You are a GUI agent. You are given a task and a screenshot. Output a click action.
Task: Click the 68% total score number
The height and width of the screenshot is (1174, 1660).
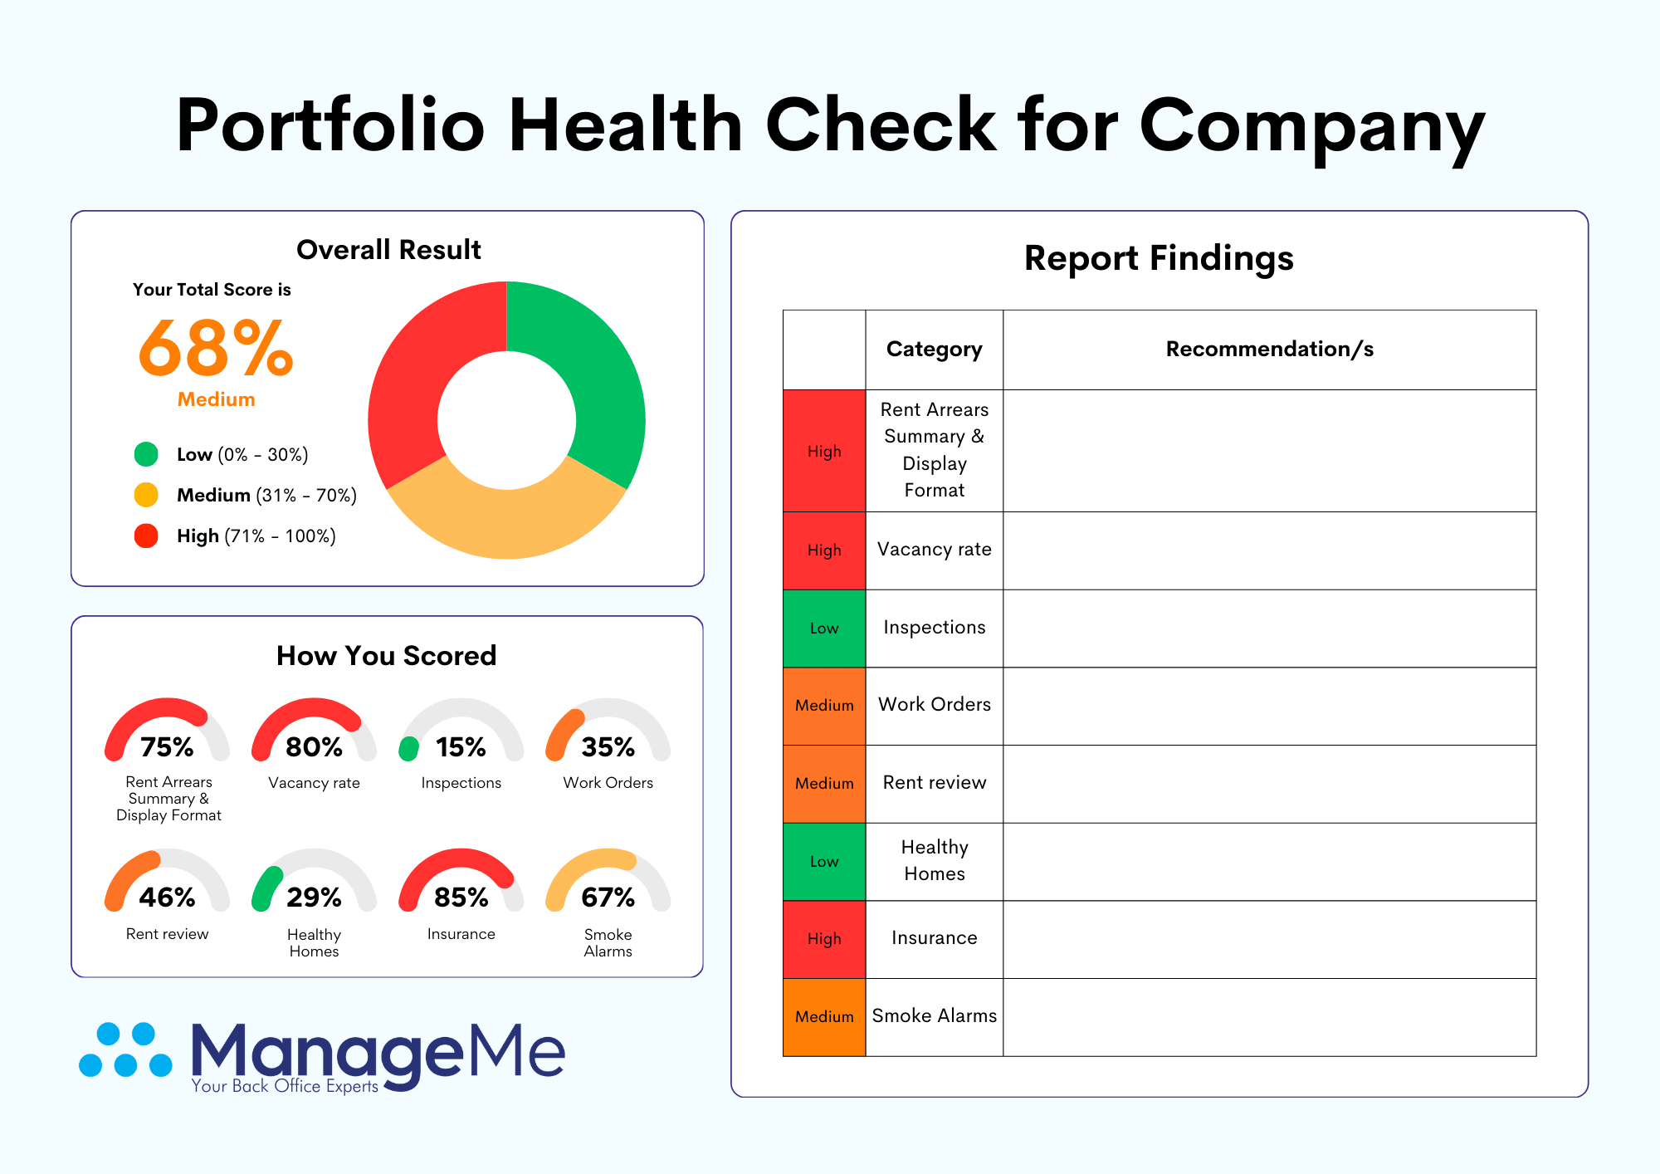tap(216, 349)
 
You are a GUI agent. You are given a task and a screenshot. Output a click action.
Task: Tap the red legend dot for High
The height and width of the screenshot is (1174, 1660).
tap(146, 536)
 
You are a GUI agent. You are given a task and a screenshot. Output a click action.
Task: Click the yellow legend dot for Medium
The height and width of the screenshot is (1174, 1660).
tap(146, 495)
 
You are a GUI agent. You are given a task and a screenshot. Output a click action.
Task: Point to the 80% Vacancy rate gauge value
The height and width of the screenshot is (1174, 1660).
tap(314, 747)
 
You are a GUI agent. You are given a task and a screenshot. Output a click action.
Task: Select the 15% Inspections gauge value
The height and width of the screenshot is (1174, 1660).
tap(461, 747)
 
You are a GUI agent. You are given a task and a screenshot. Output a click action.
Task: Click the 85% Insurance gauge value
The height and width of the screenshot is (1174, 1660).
tap(461, 898)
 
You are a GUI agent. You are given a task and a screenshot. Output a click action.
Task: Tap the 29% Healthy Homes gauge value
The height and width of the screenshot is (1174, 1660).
tap(314, 898)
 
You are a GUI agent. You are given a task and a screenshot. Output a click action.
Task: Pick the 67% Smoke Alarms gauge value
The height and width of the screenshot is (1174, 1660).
tap(608, 898)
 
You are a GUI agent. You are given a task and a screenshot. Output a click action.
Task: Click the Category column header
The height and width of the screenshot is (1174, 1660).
tap(934, 350)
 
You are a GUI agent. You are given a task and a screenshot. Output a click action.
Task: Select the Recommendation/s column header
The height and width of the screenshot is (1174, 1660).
tap(1269, 350)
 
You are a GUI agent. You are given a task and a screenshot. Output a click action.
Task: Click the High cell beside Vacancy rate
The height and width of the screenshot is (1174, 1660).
tap(824, 550)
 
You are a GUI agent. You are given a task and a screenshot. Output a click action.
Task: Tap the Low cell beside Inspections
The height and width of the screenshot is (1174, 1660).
tap(824, 629)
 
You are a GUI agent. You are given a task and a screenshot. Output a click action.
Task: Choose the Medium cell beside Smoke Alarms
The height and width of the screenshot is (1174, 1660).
tap(824, 1017)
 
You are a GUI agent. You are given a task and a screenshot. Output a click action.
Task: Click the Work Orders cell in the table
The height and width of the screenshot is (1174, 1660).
tap(935, 705)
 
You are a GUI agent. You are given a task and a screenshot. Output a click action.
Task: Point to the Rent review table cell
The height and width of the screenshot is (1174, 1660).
tap(935, 783)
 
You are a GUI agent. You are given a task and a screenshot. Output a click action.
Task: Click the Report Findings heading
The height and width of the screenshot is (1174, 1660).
tap(1159, 259)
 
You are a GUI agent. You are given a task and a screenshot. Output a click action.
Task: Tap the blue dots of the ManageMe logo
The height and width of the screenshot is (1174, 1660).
tap(125, 1050)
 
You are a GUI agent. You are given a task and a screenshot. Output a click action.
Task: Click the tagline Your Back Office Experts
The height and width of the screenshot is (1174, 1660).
tap(285, 1086)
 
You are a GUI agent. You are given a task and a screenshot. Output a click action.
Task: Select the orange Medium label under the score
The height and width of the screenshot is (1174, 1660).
tap(216, 399)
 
